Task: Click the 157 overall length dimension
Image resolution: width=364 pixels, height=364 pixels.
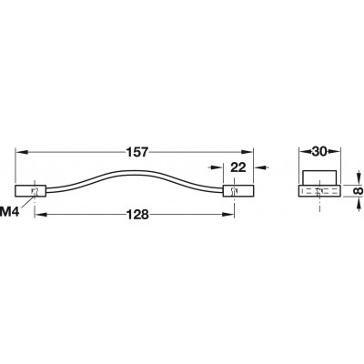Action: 137,152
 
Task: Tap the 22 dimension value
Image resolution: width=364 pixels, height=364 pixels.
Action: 238,167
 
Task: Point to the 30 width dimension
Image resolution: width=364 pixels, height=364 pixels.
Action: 319,152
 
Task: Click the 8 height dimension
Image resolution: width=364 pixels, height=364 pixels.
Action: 358,190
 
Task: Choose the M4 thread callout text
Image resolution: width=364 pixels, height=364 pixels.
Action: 10,212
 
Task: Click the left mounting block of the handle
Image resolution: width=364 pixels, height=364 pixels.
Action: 30,191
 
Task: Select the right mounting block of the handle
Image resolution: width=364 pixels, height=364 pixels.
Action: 238,191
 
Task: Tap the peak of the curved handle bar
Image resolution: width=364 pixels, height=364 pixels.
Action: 134,171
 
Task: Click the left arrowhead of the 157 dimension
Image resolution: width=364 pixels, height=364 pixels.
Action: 21,152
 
